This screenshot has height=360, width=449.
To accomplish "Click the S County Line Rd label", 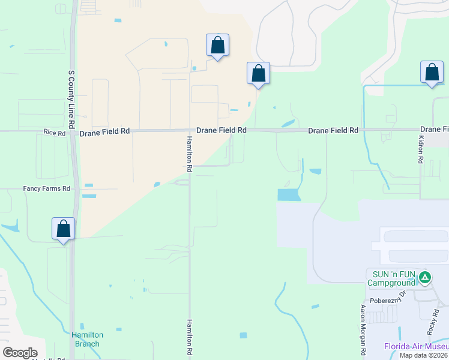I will point(71,98).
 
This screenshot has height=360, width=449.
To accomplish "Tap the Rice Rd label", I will point(54,132).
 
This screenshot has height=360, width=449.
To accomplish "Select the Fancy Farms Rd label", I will point(47,188).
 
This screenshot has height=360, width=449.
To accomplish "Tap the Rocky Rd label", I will point(433,322).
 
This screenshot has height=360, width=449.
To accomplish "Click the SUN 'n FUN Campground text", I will point(391,277).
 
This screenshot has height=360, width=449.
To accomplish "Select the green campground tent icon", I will point(425,277).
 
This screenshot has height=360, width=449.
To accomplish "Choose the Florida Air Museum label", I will point(416,346).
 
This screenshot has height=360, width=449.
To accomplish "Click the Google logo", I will point(20,352).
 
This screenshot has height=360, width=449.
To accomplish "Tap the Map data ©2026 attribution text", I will point(424,355).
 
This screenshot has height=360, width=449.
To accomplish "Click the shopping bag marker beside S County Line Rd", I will point(63,229).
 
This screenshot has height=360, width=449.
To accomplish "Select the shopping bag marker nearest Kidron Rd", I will point(432,73).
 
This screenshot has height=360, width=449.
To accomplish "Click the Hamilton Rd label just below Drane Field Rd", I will point(189,154).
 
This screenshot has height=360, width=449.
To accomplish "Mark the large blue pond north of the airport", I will point(288,195).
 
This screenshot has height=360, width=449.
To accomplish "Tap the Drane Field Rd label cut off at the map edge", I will point(434,129).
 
